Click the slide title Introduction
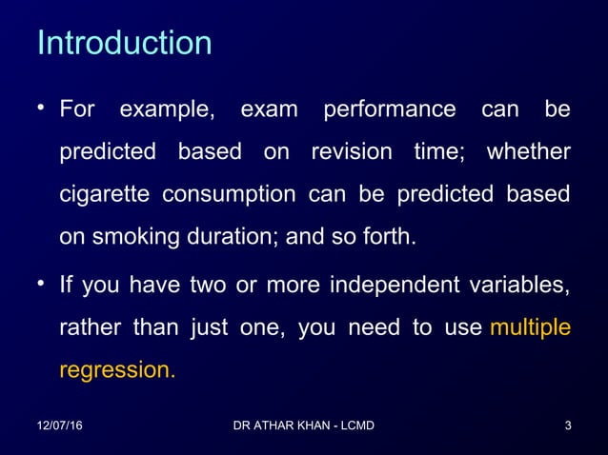[x=124, y=44]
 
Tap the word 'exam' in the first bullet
[x=268, y=110]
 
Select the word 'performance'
[x=389, y=110]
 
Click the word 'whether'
[x=528, y=153]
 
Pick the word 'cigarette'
[x=104, y=196]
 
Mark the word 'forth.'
[x=393, y=238]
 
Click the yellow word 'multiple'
[x=529, y=327]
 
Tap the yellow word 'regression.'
[x=117, y=370]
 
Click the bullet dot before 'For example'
[x=42, y=109]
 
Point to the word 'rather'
[x=90, y=328]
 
